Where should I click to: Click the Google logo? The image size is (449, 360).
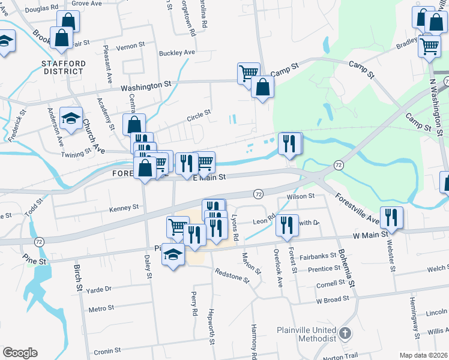(20, 353)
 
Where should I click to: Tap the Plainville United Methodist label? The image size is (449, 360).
(307, 334)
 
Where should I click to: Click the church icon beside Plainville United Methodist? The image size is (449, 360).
(345, 333)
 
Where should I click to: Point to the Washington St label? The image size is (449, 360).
(146, 86)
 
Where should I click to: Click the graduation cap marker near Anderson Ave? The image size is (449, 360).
(72, 119)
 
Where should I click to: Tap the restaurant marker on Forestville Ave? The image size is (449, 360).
(391, 217)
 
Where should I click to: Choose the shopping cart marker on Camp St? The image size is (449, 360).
(249, 73)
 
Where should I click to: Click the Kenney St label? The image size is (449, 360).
(124, 208)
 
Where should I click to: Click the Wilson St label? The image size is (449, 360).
(301, 196)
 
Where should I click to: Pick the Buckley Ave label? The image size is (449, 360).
(177, 53)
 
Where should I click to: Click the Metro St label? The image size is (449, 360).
(101, 308)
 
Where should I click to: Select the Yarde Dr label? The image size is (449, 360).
(100, 289)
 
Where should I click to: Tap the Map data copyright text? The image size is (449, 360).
(424, 355)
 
